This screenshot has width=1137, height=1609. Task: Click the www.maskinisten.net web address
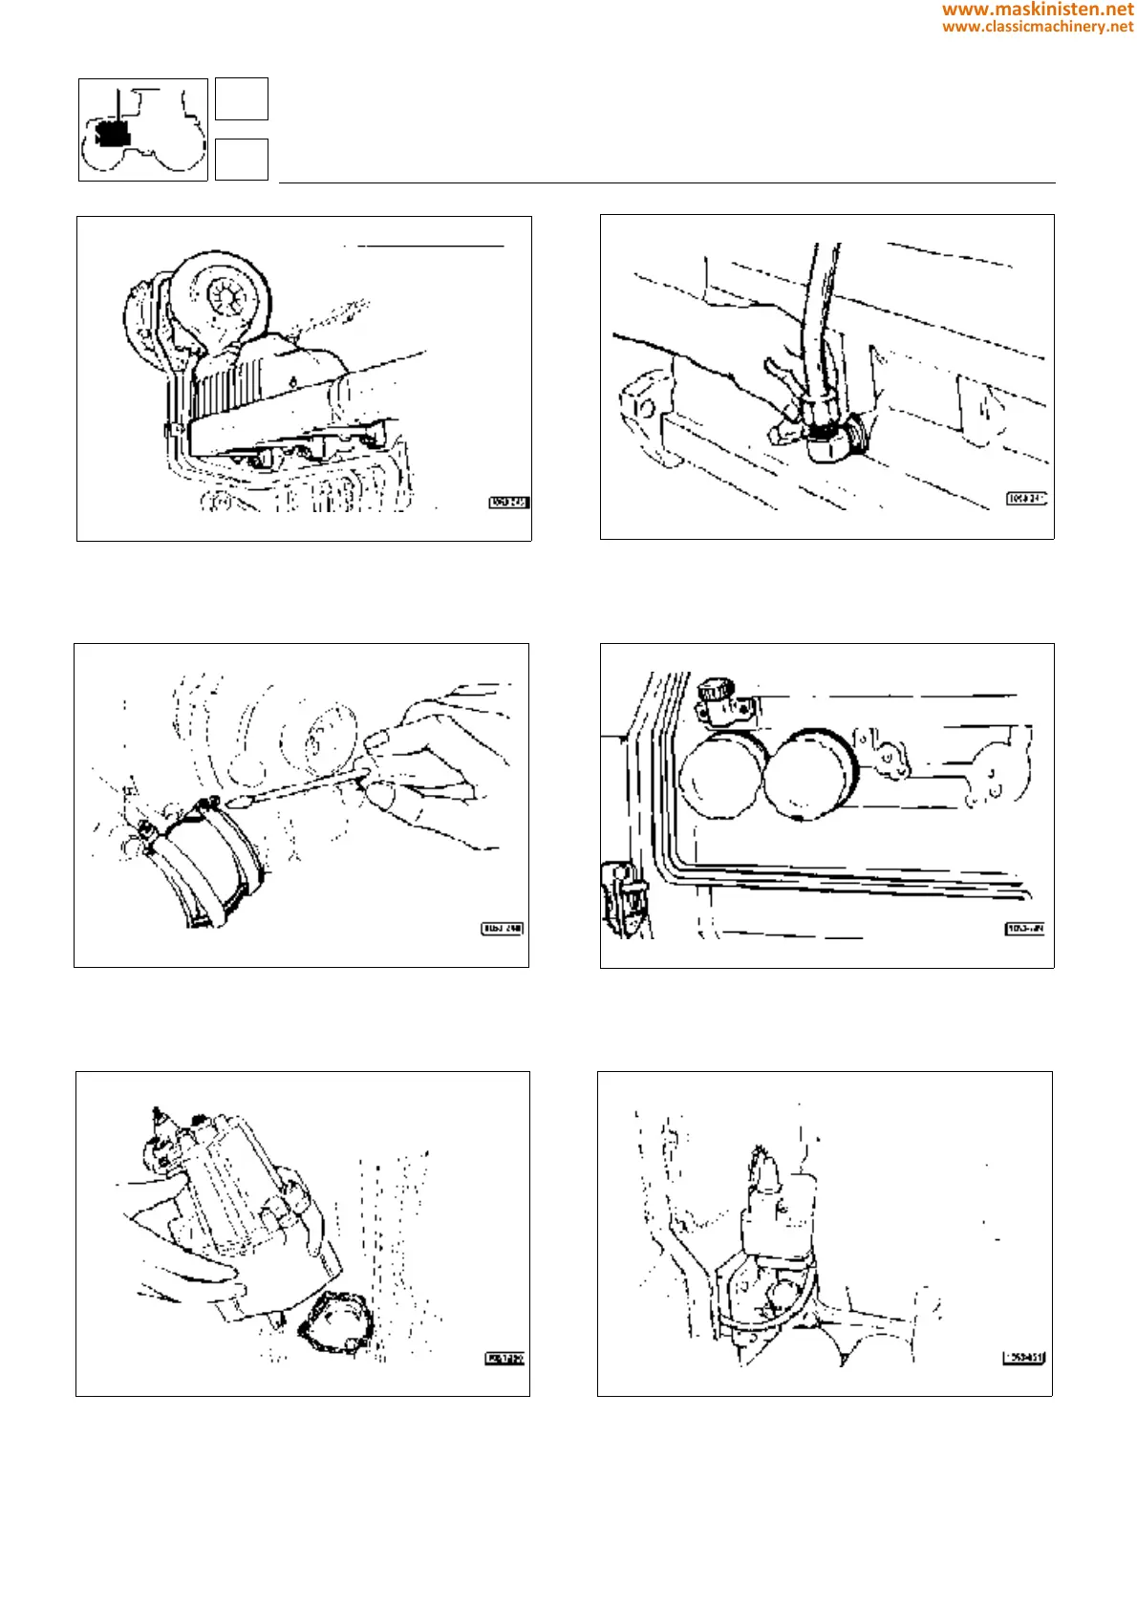(1037, 10)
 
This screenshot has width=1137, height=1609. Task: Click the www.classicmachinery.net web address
(1037, 27)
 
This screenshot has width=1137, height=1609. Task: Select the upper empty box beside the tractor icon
(241, 99)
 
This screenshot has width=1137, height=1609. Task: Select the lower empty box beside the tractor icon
(241, 160)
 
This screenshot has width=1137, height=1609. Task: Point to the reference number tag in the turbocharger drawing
(508, 503)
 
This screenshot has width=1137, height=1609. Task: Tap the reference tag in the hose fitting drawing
(1026, 499)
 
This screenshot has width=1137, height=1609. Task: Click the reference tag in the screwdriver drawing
(503, 929)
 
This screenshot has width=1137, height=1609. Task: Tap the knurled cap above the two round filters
(713, 691)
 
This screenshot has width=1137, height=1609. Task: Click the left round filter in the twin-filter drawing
(721, 775)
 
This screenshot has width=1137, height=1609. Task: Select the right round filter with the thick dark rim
(810, 774)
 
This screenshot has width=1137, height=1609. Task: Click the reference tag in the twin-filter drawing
(1025, 929)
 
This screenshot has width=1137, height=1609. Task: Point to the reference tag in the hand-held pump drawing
(504, 1359)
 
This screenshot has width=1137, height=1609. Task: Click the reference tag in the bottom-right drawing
(1023, 1358)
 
